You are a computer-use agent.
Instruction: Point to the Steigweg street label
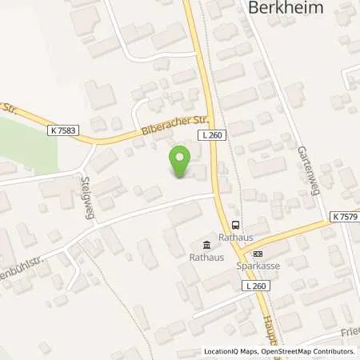(87, 189)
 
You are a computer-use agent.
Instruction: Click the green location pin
(182, 163)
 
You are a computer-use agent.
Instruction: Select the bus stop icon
(235, 224)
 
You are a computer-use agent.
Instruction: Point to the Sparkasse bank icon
(257, 254)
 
